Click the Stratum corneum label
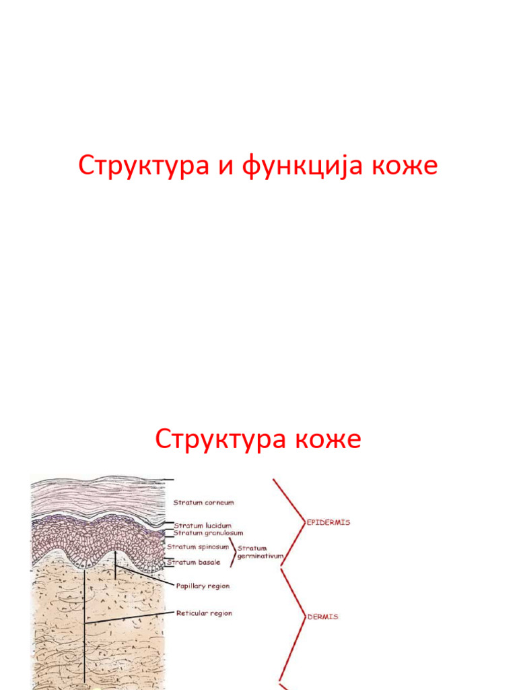point(204,502)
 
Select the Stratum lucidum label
point(203,525)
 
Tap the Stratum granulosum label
point(209,532)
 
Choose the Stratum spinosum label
point(199,546)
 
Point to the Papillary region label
point(203,586)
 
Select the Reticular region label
point(204,613)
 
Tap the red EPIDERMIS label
point(328,522)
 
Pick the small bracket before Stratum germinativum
point(232,553)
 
